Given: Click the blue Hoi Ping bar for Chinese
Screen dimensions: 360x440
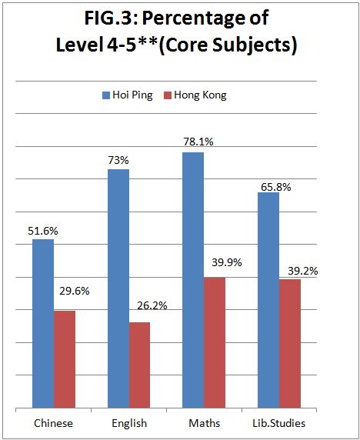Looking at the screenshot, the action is [x=43, y=323].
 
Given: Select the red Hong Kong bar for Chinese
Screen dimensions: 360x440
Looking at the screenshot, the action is [x=65, y=359].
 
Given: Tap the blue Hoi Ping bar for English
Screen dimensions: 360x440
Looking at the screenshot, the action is [x=118, y=288].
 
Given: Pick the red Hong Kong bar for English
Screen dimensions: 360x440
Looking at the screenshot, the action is [x=139, y=365].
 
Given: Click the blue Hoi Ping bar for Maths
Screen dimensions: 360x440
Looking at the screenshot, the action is [x=193, y=280].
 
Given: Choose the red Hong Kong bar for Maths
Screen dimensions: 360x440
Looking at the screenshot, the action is [x=215, y=342].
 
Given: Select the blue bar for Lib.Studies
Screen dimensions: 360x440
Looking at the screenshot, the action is [x=268, y=300].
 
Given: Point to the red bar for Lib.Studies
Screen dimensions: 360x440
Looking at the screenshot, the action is [x=289, y=344].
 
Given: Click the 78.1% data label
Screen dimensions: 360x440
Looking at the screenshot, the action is [x=198, y=142].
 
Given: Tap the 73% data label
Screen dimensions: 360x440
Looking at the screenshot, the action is [x=118, y=161].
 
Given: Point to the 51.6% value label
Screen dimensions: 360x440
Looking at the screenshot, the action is [x=43, y=231].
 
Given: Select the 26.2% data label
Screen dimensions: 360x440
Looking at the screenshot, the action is [x=152, y=305].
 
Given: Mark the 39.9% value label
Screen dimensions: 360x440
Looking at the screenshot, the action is [x=227, y=262].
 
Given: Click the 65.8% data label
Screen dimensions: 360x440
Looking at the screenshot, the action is [x=276, y=187].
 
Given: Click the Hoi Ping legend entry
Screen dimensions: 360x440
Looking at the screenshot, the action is [x=128, y=95].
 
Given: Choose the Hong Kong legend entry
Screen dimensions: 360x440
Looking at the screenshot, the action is [x=195, y=95].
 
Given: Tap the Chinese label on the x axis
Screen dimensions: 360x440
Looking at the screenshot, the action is [x=53, y=423].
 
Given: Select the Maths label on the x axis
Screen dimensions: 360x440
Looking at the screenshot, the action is [x=205, y=423].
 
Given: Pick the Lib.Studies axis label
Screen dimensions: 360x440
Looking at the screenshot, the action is [x=279, y=423].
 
